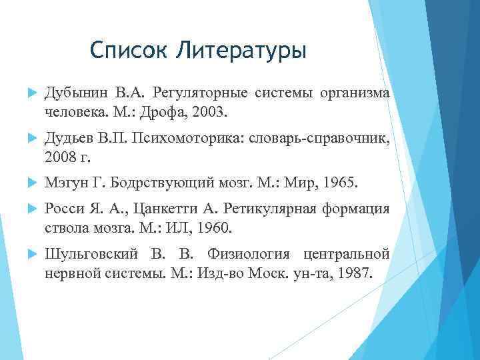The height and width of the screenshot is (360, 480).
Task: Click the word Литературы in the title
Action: pos(241,50)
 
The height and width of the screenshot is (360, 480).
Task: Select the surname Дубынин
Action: pos(73,93)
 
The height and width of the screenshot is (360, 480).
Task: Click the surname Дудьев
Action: pos(71,139)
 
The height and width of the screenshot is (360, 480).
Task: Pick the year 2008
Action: pos(59,159)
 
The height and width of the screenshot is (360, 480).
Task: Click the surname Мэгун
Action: pos(64,181)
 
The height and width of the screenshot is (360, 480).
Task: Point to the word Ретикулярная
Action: pos(267,208)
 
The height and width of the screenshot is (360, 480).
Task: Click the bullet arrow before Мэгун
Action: pos(27,182)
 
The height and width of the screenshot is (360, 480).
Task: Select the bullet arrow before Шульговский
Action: pos(27,255)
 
